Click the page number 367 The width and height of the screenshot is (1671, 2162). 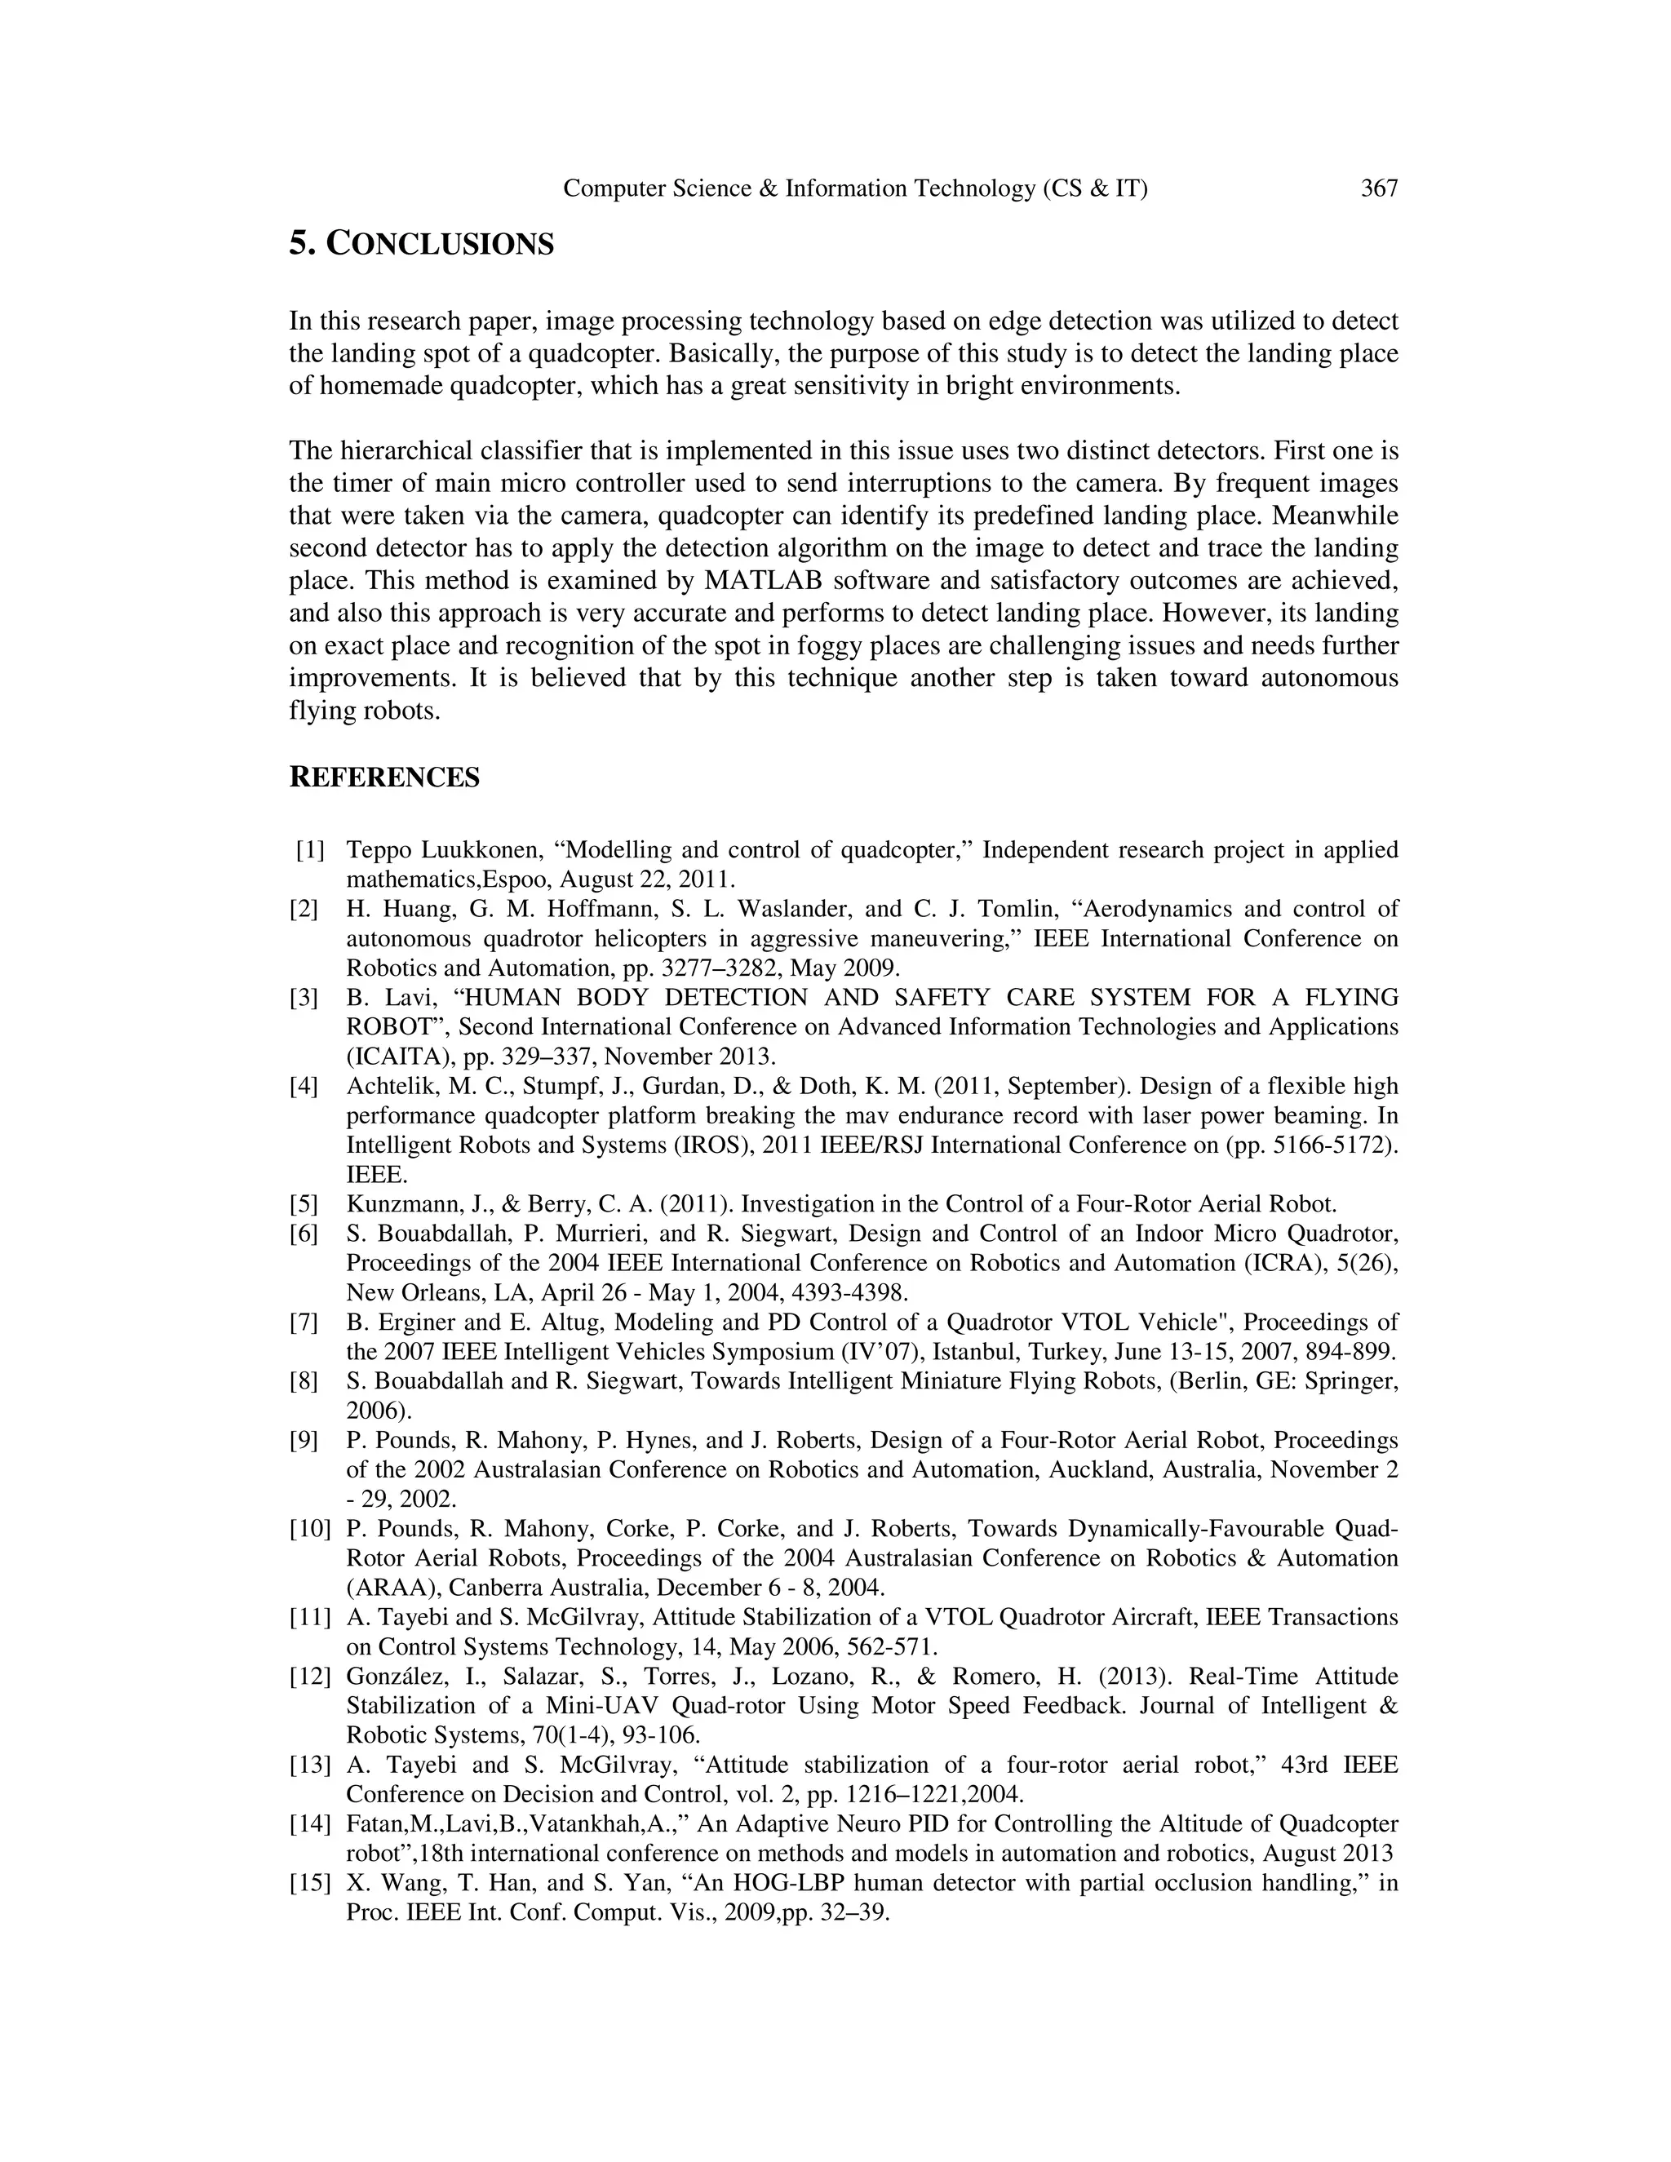tap(1379, 188)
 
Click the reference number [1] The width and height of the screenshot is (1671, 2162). tap(310, 850)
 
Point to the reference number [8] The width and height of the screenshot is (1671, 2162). tap(304, 1381)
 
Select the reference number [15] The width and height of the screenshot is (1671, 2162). tap(309, 1883)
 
